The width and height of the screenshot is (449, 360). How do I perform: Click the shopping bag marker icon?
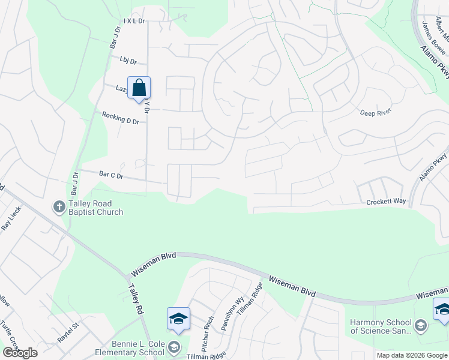pyautogui.click(x=139, y=88)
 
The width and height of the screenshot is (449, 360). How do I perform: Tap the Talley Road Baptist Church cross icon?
pyautogui.click(x=59, y=207)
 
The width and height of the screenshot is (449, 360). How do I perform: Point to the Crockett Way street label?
pyautogui.click(x=387, y=202)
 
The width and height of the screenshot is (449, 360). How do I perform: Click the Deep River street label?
pyautogui.click(x=375, y=112)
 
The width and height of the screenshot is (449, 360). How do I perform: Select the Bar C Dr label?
pyautogui.click(x=111, y=176)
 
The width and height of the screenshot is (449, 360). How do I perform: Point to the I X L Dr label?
pyautogui.click(x=134, y=21)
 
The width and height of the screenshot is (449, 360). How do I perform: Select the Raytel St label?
pyautogui.click(x=68, y=330)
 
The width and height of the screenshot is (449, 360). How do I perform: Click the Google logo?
pyautogui.click(x=20, y=353)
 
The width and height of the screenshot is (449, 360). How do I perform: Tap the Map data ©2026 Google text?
pyautogui.click(x=411, y=355)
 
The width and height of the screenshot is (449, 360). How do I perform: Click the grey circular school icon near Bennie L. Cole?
pyautogui.click(x=174, y=347)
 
